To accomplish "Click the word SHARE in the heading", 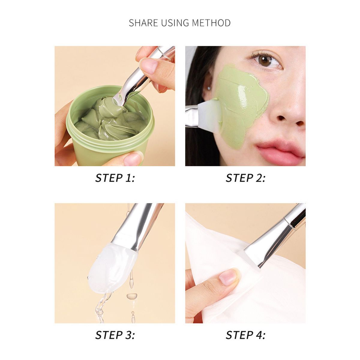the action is click(x=143, y=23).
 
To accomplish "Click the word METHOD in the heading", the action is click(x=211, y=23).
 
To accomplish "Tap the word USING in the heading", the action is click(x=175, y=23).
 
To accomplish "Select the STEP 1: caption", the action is click(x=115, y=178).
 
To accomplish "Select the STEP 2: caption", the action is click(x=245, y=178).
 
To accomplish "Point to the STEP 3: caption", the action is click(x=115, y=330).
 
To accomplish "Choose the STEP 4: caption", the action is click(x=245, y=330).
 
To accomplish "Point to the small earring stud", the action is click(x=209, y=87).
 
